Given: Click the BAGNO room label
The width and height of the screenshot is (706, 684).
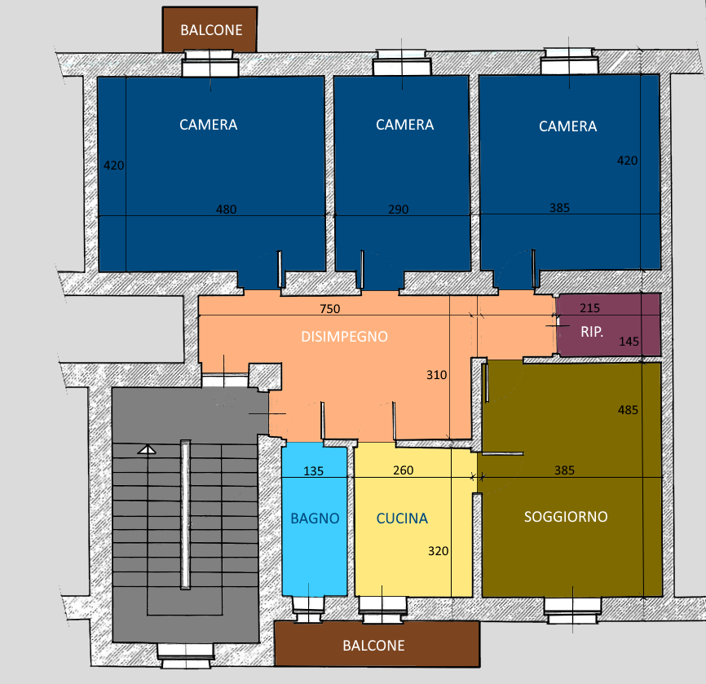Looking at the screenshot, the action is (315, 519).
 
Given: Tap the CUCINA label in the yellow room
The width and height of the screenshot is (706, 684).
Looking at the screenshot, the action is (402, 519).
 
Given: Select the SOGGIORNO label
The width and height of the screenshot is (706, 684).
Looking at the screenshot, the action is (566, 517).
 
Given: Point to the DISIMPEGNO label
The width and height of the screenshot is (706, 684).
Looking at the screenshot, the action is (345, 337).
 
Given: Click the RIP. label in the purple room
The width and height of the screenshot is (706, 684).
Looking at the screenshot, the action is (592, 332).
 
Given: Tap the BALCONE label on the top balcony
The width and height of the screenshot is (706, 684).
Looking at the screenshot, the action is (211, 30).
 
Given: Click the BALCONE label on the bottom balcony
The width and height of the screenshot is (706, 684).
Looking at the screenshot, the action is (373, 645).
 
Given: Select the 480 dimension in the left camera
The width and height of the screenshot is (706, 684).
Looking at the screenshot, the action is (226, 210).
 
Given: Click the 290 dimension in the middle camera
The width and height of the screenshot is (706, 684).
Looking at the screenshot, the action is (399, 210).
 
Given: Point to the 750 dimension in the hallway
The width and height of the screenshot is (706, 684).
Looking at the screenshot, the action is (330, 309).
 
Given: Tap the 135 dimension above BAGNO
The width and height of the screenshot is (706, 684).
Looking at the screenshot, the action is (313, 471).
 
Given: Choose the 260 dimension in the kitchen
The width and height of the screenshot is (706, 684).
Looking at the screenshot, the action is (403, 470).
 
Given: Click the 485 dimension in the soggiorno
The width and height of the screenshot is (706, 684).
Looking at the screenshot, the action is (628, 410).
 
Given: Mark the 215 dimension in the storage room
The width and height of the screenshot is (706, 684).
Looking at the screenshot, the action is (590, 308).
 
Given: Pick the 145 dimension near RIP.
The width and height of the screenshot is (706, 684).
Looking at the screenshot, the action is (629, 342).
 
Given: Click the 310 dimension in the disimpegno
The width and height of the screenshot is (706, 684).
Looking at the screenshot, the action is (437, 375).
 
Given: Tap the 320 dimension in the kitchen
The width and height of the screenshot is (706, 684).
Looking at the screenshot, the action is (438, 551).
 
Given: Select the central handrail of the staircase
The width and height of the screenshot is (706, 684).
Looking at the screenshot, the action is (185, 514).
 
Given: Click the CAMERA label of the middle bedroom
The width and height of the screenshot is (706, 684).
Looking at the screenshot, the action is (405, 125).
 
